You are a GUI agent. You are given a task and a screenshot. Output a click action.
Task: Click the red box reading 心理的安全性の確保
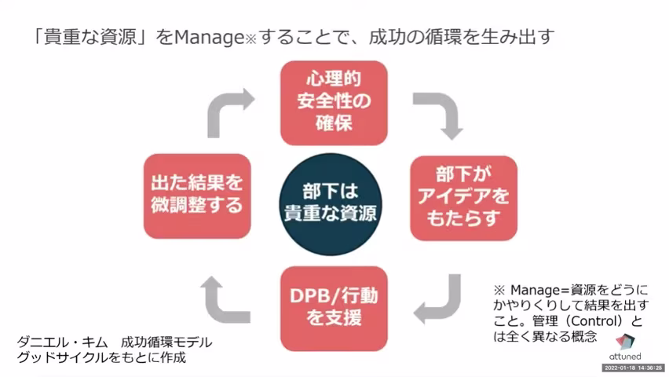pos(334,102)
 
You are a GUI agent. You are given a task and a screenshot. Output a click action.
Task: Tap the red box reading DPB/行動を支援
pos(334,309)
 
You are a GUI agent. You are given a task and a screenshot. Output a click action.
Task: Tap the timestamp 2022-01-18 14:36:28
pos(633,368)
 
